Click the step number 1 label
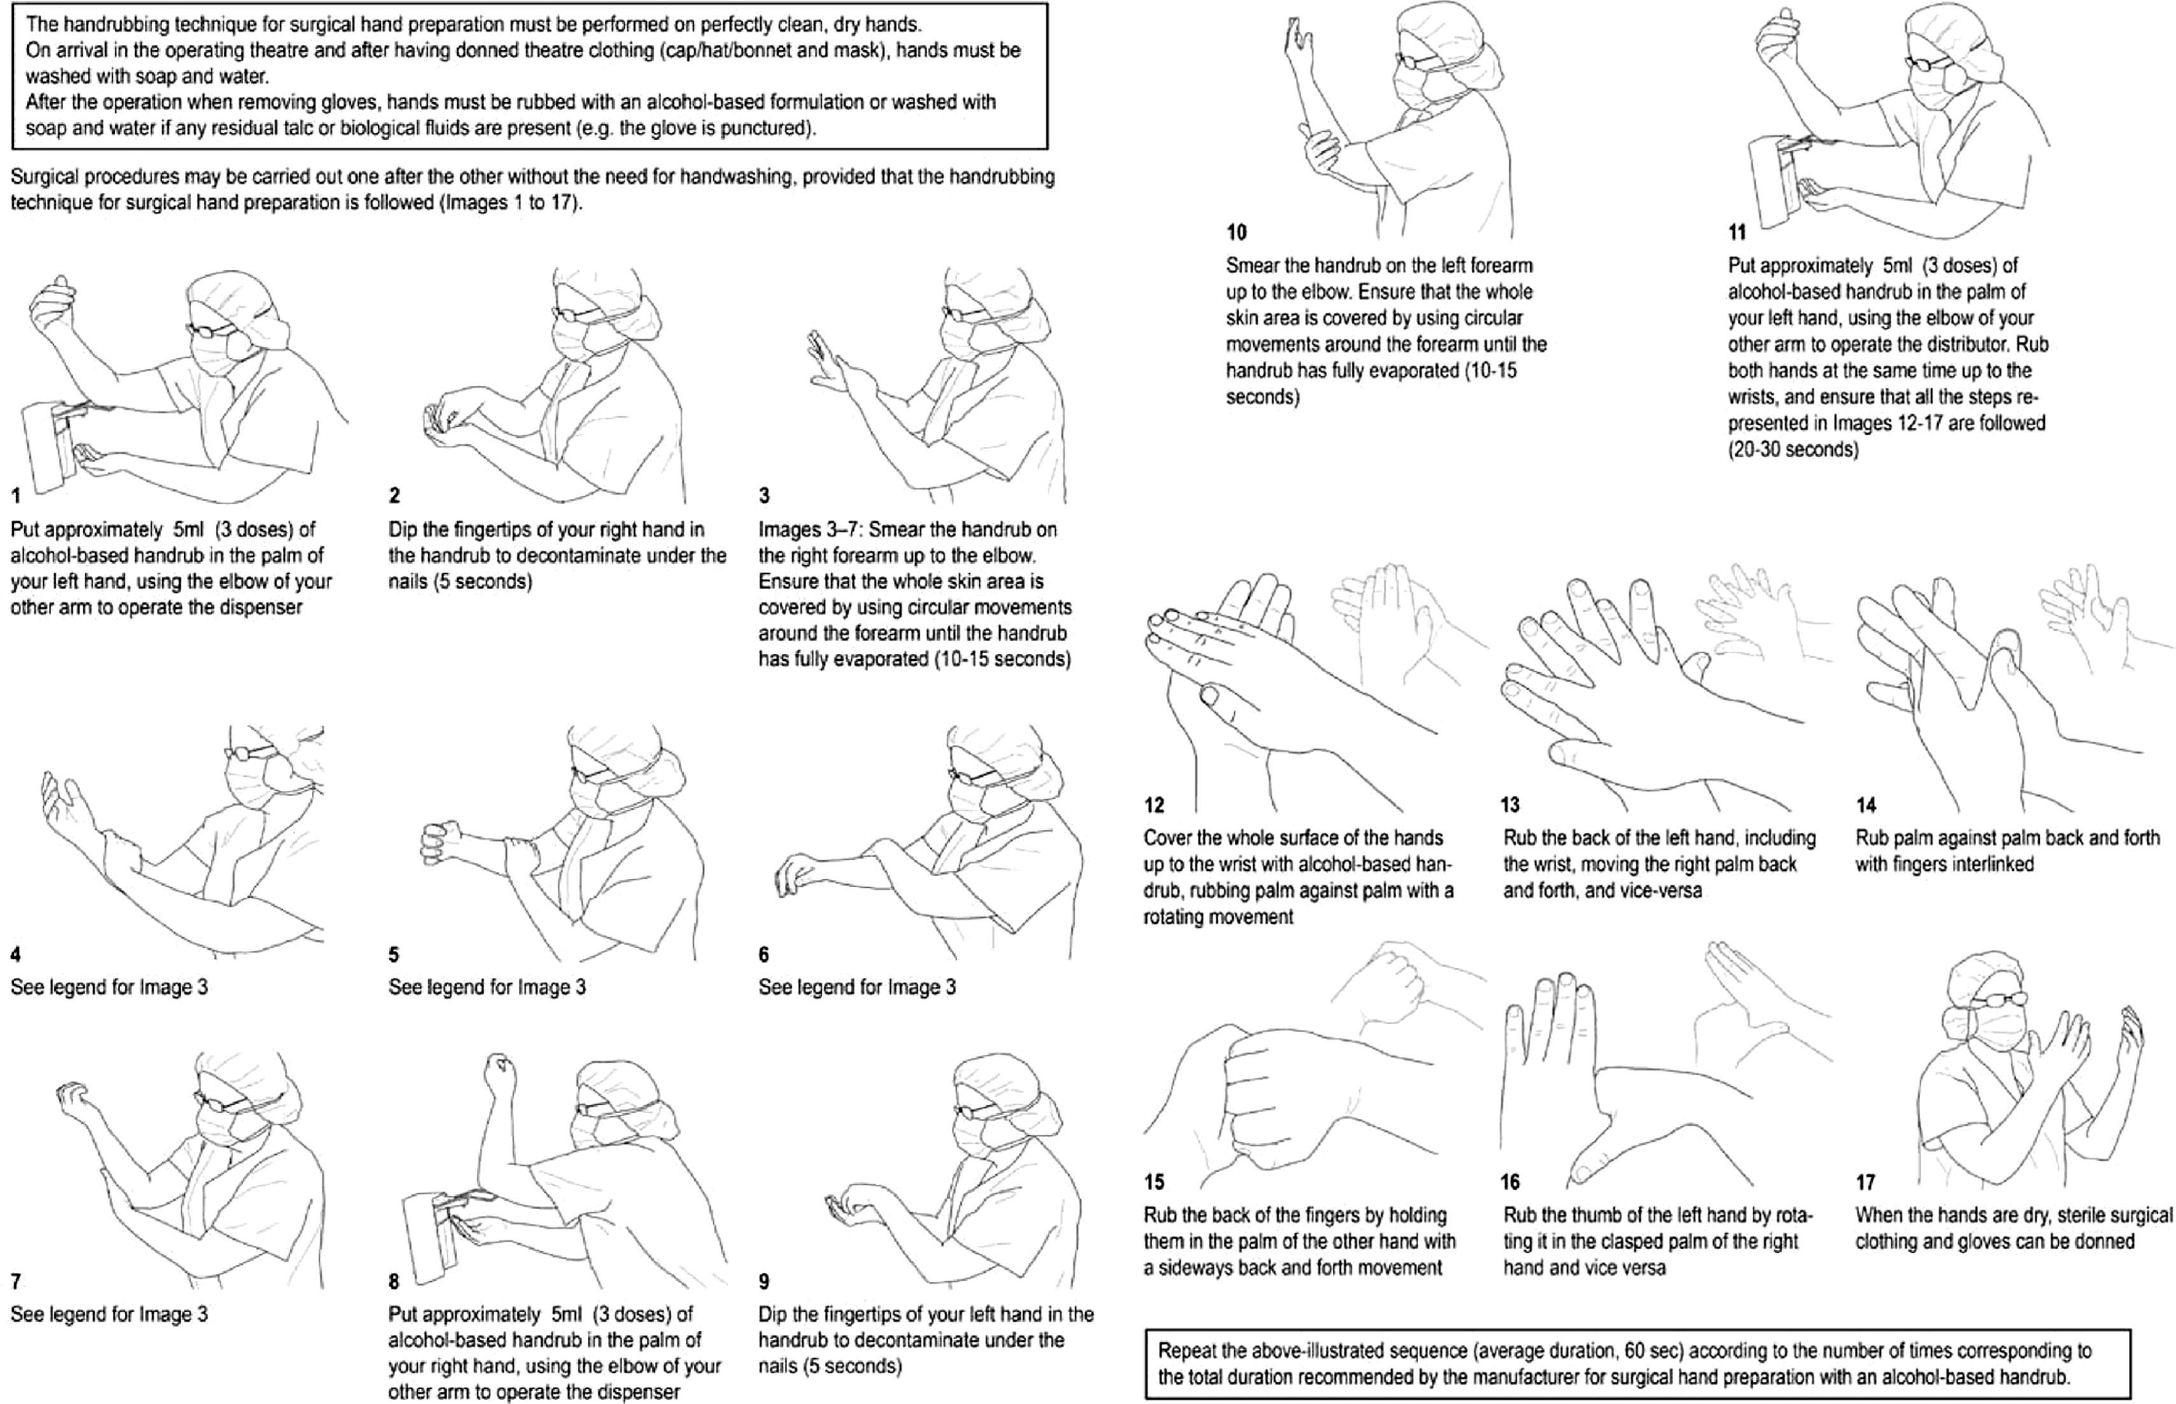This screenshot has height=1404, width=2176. [x=15, y=495]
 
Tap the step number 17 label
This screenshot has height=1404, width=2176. [x=1865, y=1182]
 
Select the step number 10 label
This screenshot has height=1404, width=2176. [x=1236, y=232]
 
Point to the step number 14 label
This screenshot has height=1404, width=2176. [x=1865, y=804]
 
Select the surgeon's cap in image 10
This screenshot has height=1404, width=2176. [x=1449, y=41]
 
